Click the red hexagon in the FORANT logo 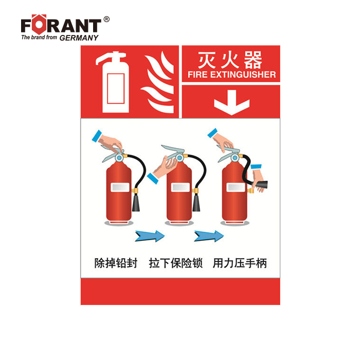tap(39, 24)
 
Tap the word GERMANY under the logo tap(79, 38)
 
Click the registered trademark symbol tap(106, 20)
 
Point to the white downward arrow tap(231, 102)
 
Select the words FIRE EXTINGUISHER tap(231, 75)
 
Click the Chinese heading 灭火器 tap(230, 60)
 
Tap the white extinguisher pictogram tap(113, 82)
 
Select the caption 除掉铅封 tap(116, 263)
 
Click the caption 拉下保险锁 tap(176, 263)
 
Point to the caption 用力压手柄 tap(240, 263)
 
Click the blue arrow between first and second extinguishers tap(150, 236)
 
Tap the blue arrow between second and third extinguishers tap(209, 236)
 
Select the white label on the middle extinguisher tap(181, 187)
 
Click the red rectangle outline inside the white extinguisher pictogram tap(116, 88)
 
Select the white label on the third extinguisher tap(236, 187)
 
